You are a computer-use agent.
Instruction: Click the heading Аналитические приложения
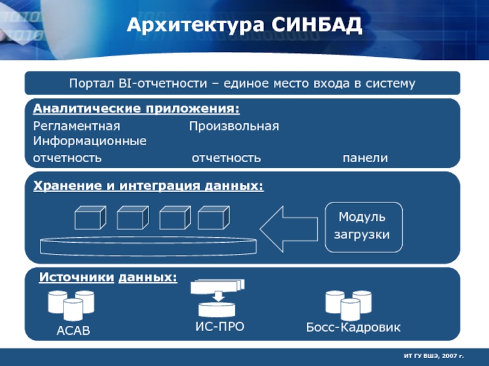(136, 109)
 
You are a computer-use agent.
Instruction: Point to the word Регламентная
(76, 126)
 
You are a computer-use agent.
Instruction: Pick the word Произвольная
(233, 126)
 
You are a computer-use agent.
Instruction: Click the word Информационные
(90, 141)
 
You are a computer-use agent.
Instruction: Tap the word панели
(365, 158)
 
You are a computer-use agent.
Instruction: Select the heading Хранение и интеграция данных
(149, 184)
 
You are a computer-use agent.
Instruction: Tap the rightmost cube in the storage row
(213, 218)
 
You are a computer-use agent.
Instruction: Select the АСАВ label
(73, 331)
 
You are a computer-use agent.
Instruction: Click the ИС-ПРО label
(219, 326)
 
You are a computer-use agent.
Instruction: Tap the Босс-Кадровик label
(353, 328)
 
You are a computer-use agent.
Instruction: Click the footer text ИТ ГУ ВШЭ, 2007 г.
(434, 354)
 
